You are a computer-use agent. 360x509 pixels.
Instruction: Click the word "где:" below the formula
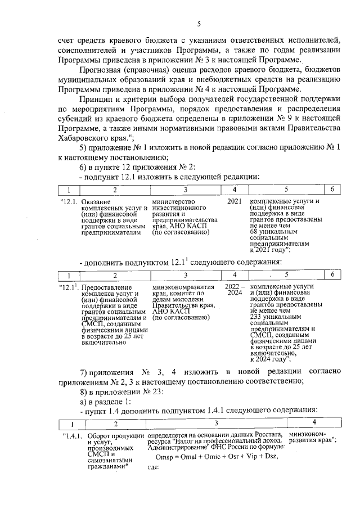(x=154, y=467)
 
